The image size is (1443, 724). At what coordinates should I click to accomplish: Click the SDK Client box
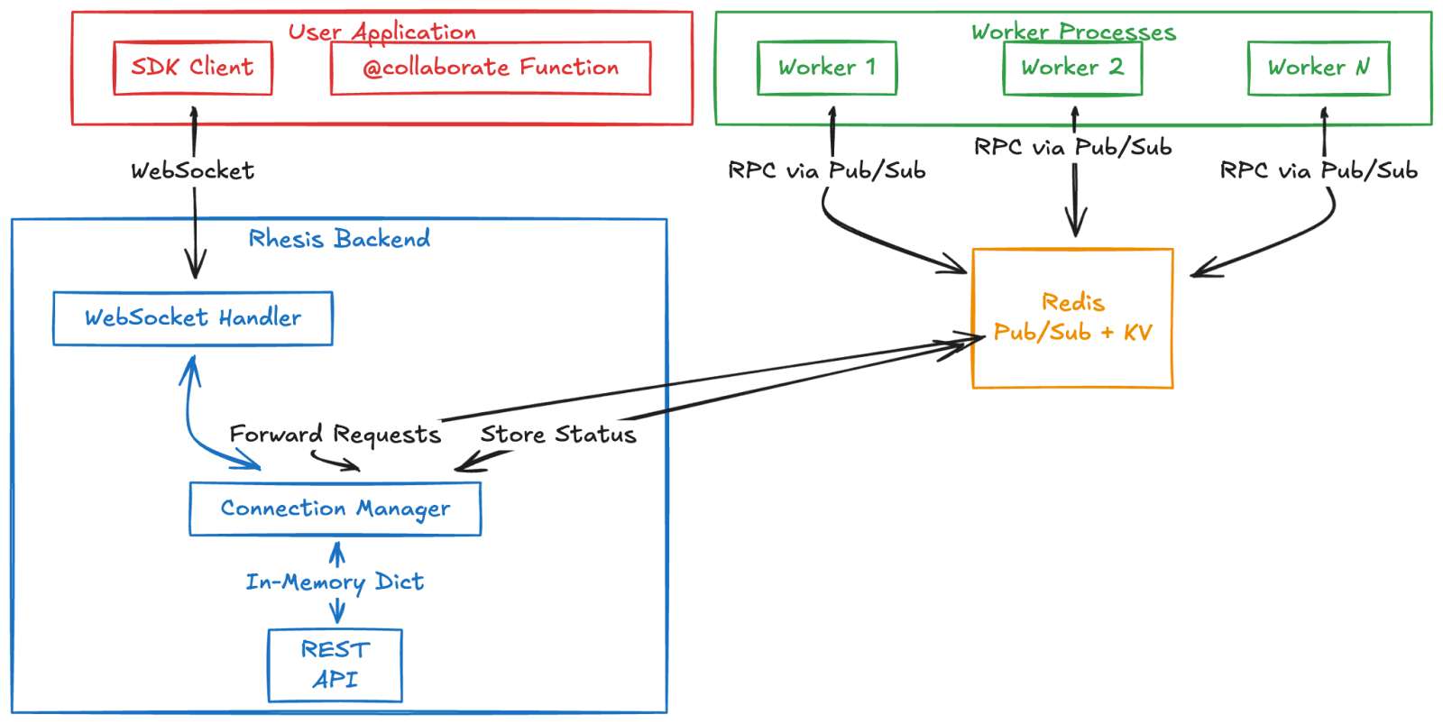[193, 68]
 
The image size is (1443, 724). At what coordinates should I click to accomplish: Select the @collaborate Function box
[491, 68]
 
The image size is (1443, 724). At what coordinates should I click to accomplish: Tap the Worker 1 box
[827, 68]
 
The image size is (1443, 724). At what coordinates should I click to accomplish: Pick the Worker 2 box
[1072, 68]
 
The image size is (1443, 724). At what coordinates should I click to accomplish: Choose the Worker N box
[1319, 68]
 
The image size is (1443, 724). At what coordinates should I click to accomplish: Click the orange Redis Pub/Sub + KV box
[1072, 317]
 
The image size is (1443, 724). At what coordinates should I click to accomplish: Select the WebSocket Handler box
[193, 318]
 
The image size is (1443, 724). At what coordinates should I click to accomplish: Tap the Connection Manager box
[335, 509]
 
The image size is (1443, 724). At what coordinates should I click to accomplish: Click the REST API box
[335, 664]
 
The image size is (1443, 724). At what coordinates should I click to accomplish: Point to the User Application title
[382, 32]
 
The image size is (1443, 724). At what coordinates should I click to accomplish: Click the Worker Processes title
[1073, 32]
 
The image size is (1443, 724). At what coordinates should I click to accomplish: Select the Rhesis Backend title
[339, 239]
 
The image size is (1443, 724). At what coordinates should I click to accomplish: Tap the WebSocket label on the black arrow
[193, 170]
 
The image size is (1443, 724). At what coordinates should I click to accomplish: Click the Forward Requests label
[335, 435]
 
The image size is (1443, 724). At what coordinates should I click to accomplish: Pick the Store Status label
[558, 435]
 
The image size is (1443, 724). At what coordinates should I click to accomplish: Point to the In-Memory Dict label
[335, 582]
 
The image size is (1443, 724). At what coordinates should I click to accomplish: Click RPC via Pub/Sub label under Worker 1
[827, 170]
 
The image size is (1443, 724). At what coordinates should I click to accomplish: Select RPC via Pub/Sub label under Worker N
[1319, 170]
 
